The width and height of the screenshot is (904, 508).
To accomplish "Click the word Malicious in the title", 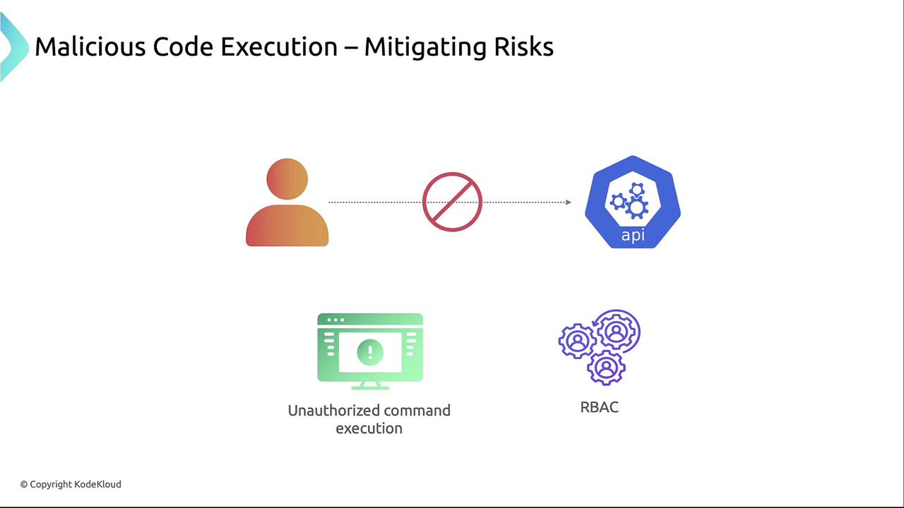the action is pyautogui.click(x=90, y=47).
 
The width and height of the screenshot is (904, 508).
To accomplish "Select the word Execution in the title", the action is pyautogui.click(x=279, y=47).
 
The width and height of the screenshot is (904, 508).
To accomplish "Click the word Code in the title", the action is pyautogui.click(x=183, y=47).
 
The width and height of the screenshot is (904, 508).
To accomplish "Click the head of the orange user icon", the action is pyautogui.click(x=287, y=179).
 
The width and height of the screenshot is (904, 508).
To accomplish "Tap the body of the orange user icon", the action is pyautogui.click(x=287, y=225).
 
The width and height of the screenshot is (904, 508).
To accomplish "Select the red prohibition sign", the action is pyautogui.click(x=452, y=202).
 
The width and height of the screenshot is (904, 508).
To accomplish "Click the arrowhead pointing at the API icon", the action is pyautogui.click(x=569, y=202).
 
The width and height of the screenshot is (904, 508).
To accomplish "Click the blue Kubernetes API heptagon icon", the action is pyautogui.click(x=632, y=202).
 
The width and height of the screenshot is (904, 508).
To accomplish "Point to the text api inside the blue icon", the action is pyautogui.click(x=633, y=235).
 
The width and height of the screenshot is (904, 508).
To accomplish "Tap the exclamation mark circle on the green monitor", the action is pyautogui.click(x=370, y=352).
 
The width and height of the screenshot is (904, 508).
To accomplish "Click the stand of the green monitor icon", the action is pyautogui.click(x=370, y=386).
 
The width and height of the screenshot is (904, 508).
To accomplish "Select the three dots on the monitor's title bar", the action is pyautogui.click(x=335, y=320).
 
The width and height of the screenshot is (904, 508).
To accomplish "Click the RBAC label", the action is pyautogui.click(x=600, y=407).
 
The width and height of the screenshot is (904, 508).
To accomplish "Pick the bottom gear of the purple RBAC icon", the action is pyautogui.click(x=606, y=368).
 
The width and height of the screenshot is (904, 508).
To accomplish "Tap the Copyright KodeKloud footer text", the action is pyautogui.click(x=71, y=484).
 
